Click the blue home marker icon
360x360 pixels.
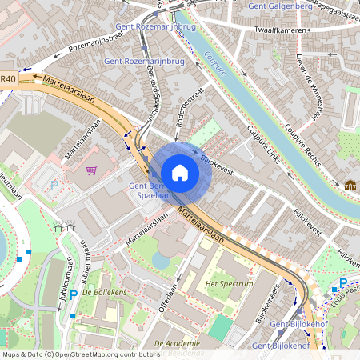[x=180, y=173]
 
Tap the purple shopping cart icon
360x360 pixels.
[x=92, y=170]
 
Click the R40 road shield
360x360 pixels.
[x=8, y=78]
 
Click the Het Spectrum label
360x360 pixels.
[x=229, y=283]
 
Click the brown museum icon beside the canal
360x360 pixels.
[x=350, y=185]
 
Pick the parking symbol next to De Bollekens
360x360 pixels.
[x=73, y=295]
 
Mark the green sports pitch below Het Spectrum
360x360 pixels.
[x=221, y=326]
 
